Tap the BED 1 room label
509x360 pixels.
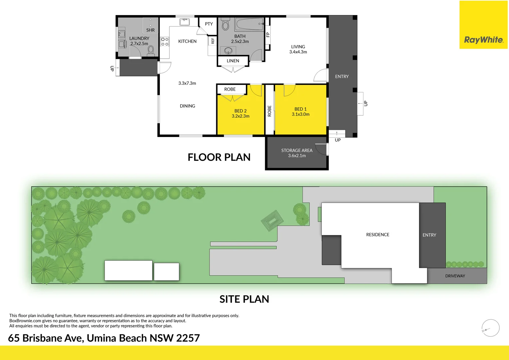tap(300, 109)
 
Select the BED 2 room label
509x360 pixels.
tap(241, 111)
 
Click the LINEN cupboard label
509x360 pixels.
tap(233, 61)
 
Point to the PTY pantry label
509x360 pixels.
tap(209, 24)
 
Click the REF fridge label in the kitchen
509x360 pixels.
tap(213, 41)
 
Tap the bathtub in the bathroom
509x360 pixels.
tap(249, 24)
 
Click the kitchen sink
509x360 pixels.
tap(185, 22)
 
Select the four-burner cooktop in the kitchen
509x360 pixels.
tap(165, 42)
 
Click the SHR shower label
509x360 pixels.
tap(151, 30)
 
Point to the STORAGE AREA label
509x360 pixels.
tap(297, 151)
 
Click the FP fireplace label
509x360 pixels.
tap(268, 35)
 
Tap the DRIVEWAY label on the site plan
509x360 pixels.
tap(455, 276)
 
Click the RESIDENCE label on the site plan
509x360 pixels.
tap(378, 235)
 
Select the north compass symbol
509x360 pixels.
tap(490, 328)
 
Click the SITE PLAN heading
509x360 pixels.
tap(244, 299)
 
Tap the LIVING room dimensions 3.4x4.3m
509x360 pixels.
tap(298, 52)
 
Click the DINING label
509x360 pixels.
tap(188, 106)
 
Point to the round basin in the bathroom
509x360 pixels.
tap(228, 50)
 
